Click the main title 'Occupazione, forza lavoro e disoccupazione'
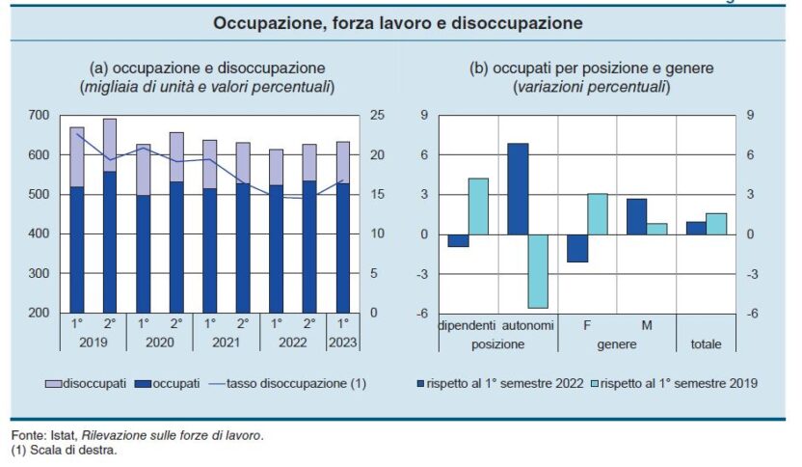(x=398, y=22)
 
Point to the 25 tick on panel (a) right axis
(x=379, y=116)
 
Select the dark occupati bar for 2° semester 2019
(x=110, y=241)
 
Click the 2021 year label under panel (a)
(x=226, y=343)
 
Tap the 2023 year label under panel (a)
(x=342, y=343)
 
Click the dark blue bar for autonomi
(x=518, y=188)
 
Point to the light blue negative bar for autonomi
(x=537, y=271)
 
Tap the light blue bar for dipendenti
(x=478, y=206)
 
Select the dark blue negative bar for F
(x=577, y=248)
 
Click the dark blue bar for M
(x=636, y=216)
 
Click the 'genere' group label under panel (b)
(x=617, y=343)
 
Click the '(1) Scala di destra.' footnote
(x=64, y=450)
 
